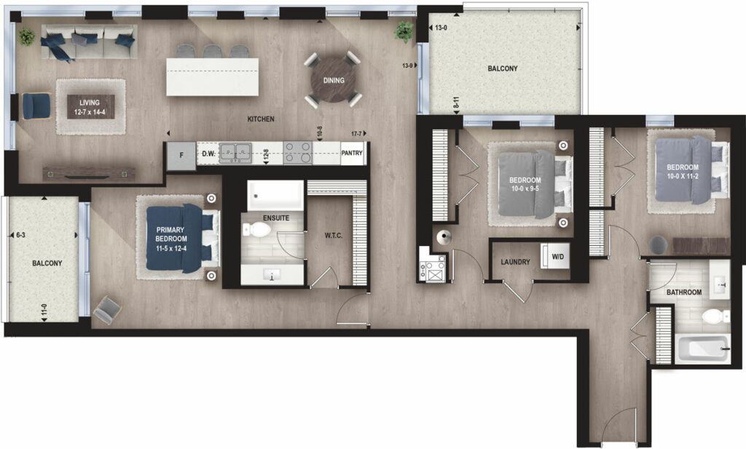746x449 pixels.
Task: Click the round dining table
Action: point(334,80)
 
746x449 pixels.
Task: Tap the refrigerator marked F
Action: point(181,156)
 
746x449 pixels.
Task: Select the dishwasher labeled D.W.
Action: point(208,154)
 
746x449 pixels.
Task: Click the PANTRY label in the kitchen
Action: point(352,153)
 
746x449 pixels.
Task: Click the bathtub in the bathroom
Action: point(702,349)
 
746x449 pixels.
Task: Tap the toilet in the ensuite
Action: point(256,231)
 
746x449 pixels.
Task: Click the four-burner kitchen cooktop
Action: point(297,153)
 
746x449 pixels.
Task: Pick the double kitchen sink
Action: point(235,154)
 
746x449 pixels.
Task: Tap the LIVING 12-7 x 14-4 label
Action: point(90,108)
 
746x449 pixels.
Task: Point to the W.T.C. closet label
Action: point(334,235)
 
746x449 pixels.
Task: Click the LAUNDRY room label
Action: point(515,262)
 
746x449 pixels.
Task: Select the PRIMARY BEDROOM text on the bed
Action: point(170,234)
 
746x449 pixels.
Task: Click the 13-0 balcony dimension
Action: point(441,28)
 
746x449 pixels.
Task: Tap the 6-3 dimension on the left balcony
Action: point(21,235)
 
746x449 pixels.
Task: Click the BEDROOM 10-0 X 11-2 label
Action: point(683,172)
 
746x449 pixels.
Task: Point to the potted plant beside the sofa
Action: point(27,36)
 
